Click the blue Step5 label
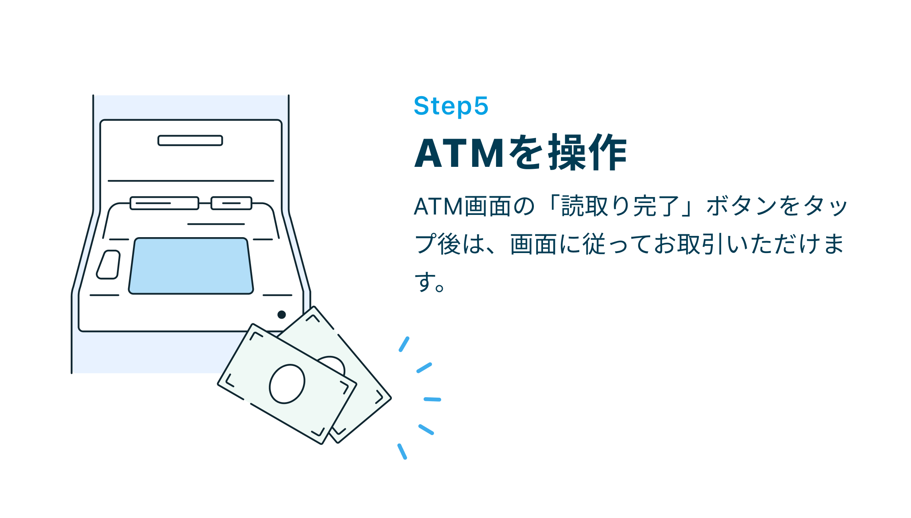tap(451, 106)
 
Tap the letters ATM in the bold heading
tap(460, 153)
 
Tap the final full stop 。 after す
tap(440, 287)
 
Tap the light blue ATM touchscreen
tap(191, 266)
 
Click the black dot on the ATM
tap(282, 315)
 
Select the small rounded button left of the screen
tap(108, 265)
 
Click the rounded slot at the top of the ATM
tap(190, 141)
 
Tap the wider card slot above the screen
tap(164, 203)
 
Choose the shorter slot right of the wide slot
tap(232, 203)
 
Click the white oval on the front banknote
tap(287, 384)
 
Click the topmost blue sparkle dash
tap(404, 344)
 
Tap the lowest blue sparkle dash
tap(402, 452)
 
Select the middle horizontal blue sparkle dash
tap(432, 399)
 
